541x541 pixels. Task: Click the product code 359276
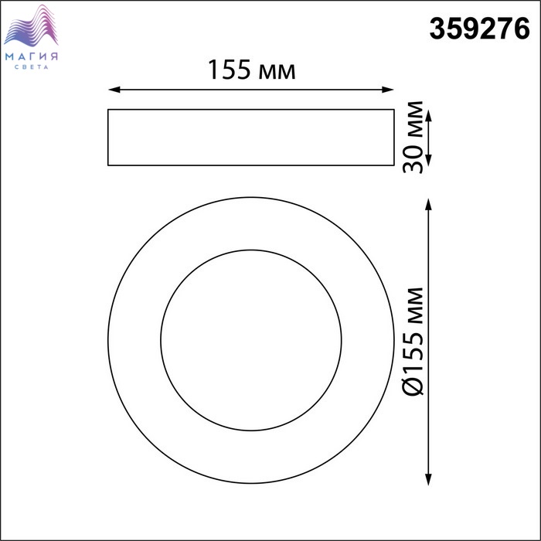[x=479, y=29]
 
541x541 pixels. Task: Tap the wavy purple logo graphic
[x=31, y=26]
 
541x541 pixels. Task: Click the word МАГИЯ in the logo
[x=32, y=56]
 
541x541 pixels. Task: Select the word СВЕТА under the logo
[x=32, y=67]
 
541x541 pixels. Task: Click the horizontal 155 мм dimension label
[x=251, y=70]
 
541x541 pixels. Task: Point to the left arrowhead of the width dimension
[x=114, y=90]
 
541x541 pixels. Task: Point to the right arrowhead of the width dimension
[x=388, y=90]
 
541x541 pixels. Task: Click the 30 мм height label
[x=413, y=137]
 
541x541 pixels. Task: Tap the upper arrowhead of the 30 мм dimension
[x=428, y=116]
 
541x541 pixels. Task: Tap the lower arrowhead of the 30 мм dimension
[x=428, y=160]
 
